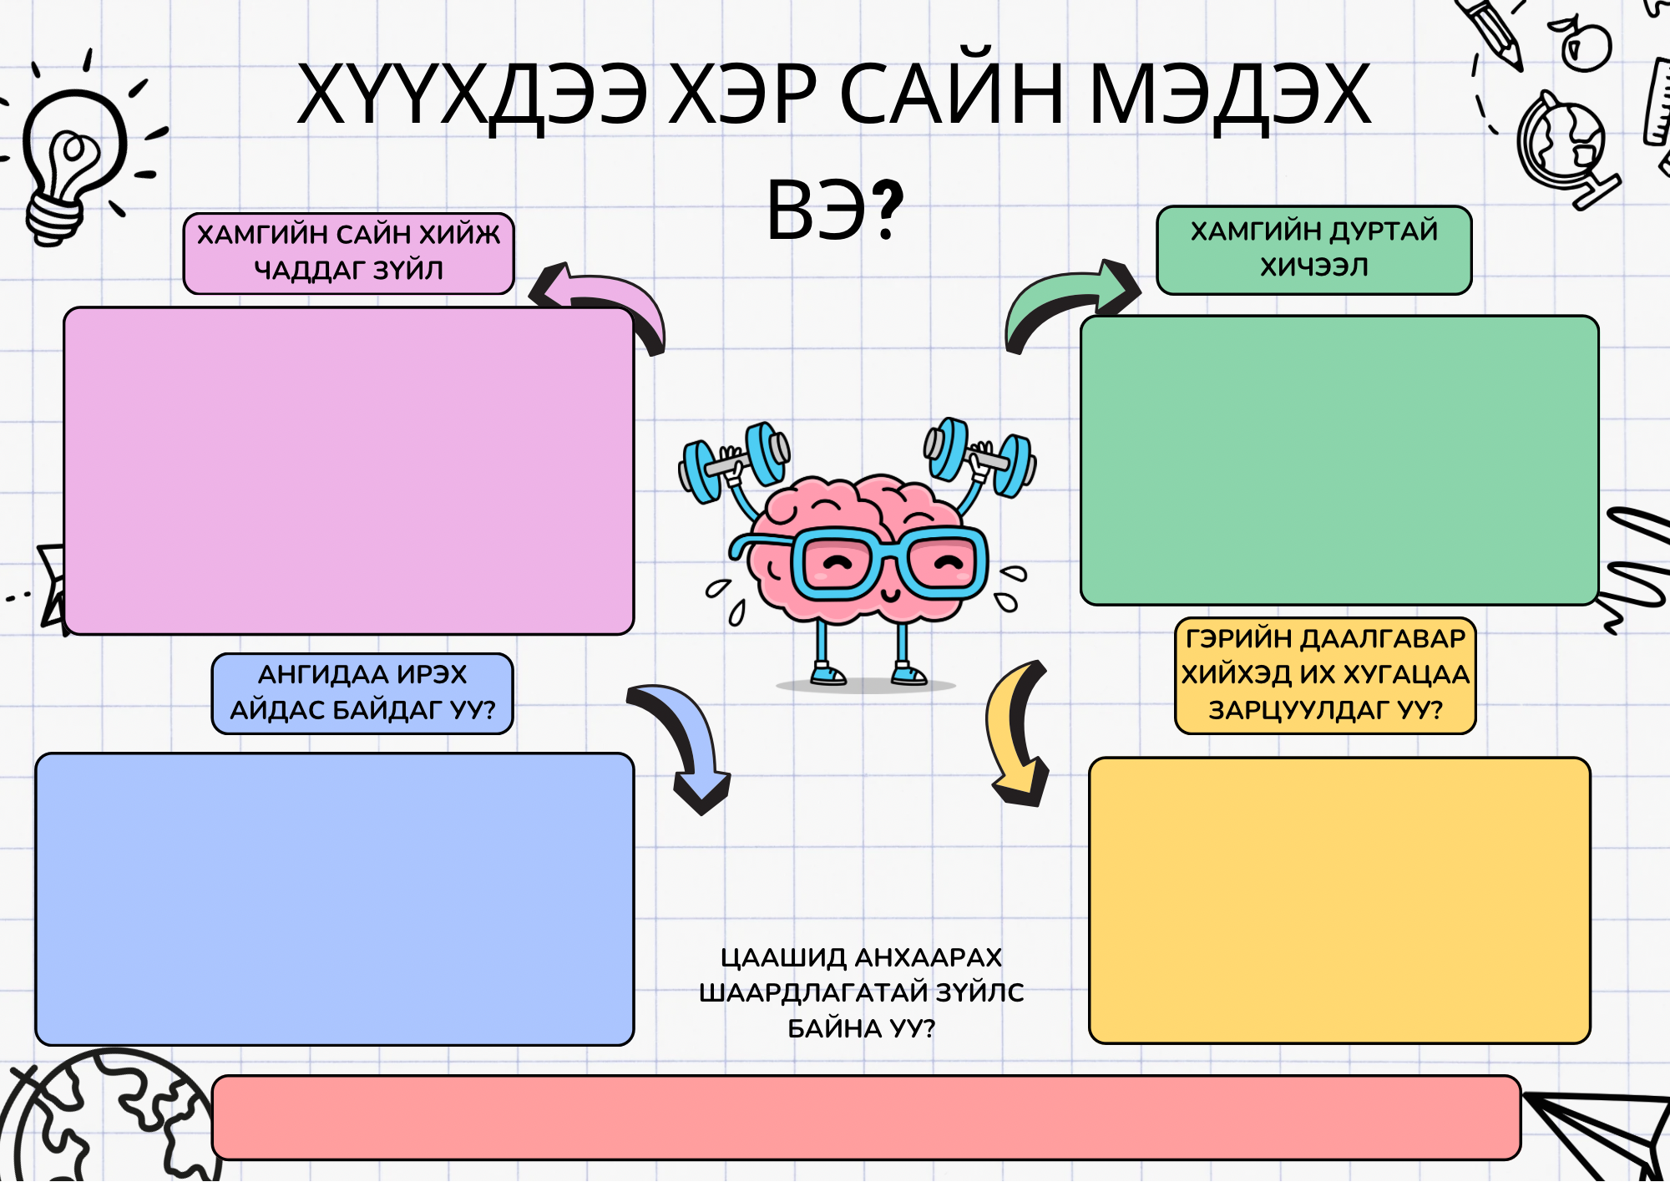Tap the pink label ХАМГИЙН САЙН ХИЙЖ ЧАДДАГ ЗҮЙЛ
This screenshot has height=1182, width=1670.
tap(348, 253)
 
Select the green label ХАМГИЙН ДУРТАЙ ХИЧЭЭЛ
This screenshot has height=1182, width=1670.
tap(1313, 250)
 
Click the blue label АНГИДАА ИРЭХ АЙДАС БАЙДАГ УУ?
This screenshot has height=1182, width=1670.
tap(362, 693)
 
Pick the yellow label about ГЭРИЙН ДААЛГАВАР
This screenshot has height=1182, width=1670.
tap(1325, 675)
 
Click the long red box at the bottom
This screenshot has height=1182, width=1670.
tap(866, 1117)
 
